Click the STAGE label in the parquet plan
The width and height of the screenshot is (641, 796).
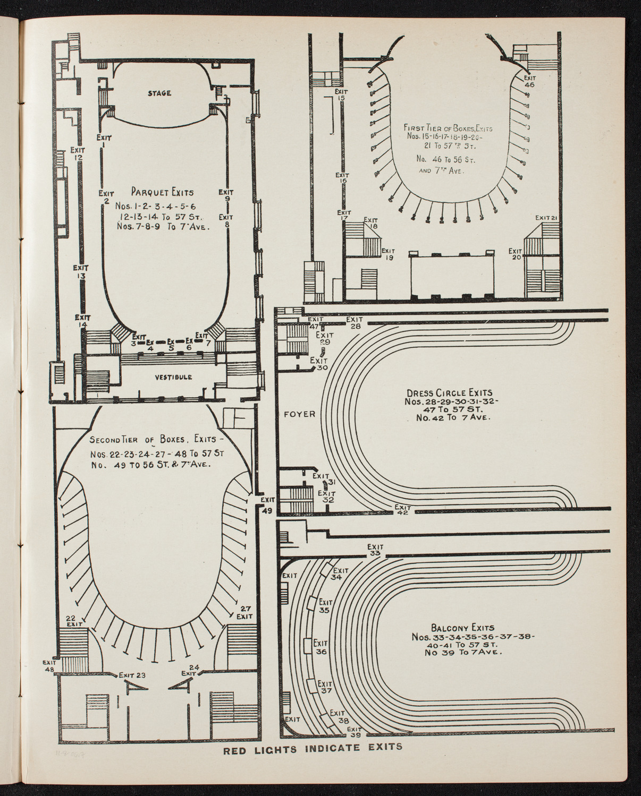pos(159,93)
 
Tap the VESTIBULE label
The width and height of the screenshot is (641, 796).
pos(174,377)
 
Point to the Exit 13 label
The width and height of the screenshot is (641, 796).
pos(81,272)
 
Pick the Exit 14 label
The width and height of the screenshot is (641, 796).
pos(82,321)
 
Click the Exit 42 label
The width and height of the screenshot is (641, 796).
pos(403,510)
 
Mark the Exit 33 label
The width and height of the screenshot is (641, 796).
pos(375,550)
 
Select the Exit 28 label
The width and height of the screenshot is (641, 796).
pos(355,323)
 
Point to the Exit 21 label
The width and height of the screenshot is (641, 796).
pos(545,218)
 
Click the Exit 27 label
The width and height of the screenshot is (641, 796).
pos(244,612)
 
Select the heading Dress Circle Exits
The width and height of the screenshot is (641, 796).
pos(451,394)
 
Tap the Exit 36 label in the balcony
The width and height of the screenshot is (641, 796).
pos(320,647)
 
